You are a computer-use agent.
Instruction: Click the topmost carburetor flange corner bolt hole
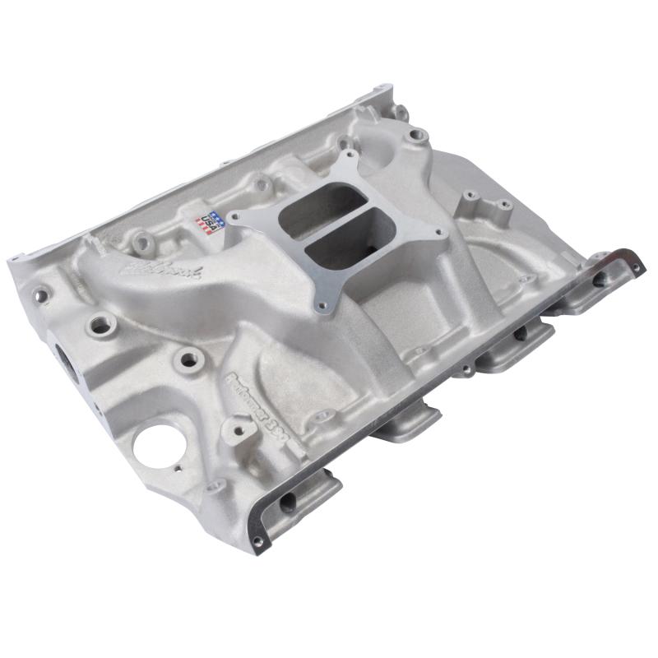coord(348,154)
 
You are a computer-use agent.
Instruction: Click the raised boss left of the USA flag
coord(143,242)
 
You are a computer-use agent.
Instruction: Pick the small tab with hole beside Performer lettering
coord(240,426)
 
